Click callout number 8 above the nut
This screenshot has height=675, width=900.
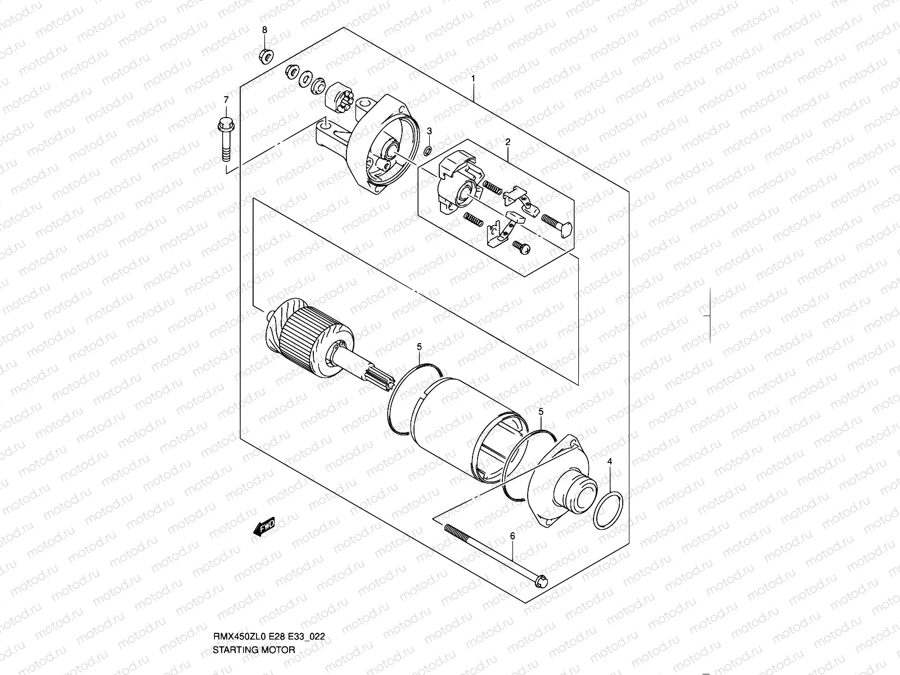pos(265,29)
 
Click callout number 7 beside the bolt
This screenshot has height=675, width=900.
pos(226,100)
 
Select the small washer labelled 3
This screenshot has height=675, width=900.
pos(427,151)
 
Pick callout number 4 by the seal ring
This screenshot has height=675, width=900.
pos(610,461)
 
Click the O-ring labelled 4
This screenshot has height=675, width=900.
pos(608,510)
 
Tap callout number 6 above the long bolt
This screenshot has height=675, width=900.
pos(512,536)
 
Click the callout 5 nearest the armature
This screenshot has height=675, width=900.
pos(419,347)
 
